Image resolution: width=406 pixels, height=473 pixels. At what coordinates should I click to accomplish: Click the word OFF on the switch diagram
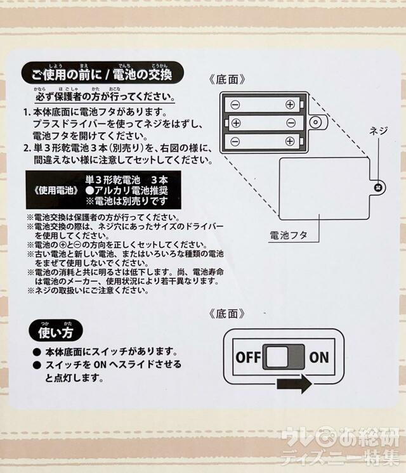248,356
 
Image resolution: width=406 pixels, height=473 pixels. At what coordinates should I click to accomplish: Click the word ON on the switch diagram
319,356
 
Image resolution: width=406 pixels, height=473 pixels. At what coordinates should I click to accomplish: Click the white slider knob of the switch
275,357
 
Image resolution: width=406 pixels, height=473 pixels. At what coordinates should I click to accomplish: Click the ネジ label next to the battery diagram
378,131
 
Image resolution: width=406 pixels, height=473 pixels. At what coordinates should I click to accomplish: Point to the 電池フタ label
289,235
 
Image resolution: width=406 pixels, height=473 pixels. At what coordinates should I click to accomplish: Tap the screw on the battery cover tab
378,187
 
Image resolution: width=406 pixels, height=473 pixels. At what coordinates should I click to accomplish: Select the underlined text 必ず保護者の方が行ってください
105,99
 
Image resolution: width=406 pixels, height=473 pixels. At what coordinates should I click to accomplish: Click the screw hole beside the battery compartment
315,122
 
